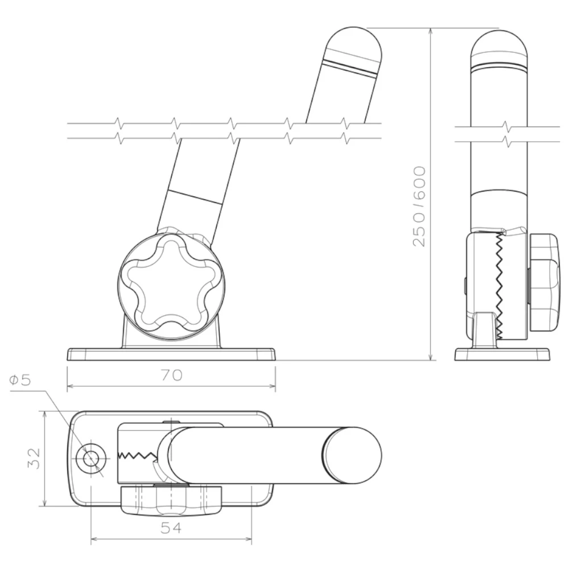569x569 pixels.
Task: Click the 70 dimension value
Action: tap(172, 375)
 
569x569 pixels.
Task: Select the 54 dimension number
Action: tap(171, 528)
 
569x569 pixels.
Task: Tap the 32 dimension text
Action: tap(34, 458)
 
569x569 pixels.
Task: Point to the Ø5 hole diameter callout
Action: tap(20, 380)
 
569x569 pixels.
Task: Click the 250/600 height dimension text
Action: tap(419, 207)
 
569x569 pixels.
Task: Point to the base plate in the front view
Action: tap(171, 354)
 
